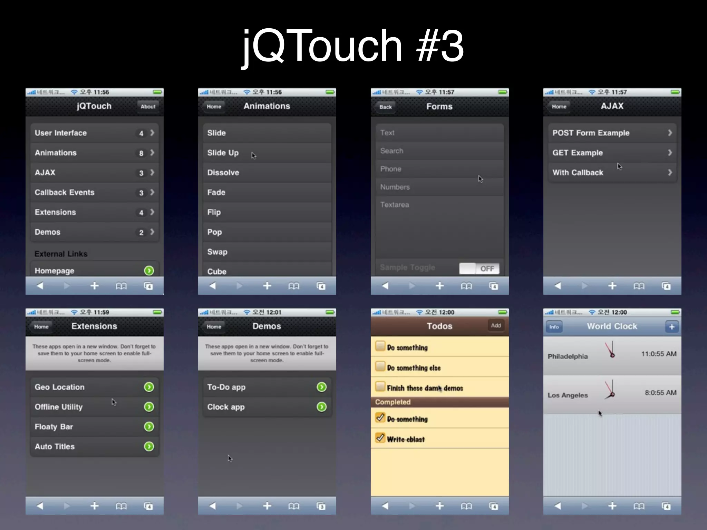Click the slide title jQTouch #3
[x=353, y=46]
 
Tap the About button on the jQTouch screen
[x=148, y=107]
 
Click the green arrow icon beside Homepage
[x=149, y=271]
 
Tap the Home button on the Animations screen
[x=214, y=107]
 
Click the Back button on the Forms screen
[x=385, y=107]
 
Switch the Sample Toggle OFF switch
[x=479, y=268]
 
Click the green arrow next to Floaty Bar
[x=149, y=427]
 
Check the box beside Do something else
[x=380, y=366]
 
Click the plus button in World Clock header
[x=671, y=327]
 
